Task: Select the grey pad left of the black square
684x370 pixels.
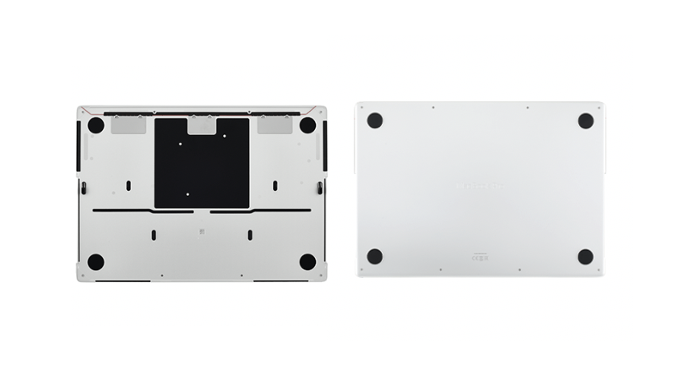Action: coord(129,124)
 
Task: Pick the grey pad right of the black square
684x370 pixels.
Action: coord(274,124)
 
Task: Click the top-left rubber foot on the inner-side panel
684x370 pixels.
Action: coord(95,125)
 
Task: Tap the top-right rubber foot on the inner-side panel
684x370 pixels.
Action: coord(307,125)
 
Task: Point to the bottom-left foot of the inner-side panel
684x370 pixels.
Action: coord(95,262)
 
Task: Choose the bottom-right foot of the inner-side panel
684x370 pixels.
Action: coord(307,262)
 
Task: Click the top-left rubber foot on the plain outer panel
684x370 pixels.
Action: coord(374,120)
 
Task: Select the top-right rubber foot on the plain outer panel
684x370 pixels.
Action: coord(585,120)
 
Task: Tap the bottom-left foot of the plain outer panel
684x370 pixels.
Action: coord(374,256)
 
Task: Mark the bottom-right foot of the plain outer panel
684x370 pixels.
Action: coord(585,256)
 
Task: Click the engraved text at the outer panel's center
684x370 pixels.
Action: coord(479,185)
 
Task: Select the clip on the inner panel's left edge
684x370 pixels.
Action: coord(84,188)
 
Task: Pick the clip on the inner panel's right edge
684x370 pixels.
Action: coord(318,188)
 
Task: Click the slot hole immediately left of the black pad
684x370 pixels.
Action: coord(128,185)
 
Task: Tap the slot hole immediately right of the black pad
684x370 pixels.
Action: coord(274,185)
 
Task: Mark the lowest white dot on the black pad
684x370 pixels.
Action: coord(187,193)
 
